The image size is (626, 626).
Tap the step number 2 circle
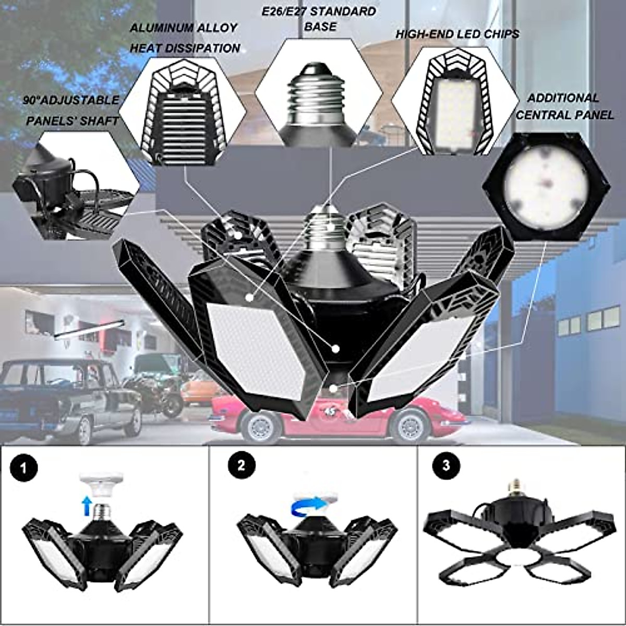tap(240, 465)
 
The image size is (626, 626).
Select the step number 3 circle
tap(445, 465)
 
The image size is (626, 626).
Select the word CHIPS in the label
tap(500, 34)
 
